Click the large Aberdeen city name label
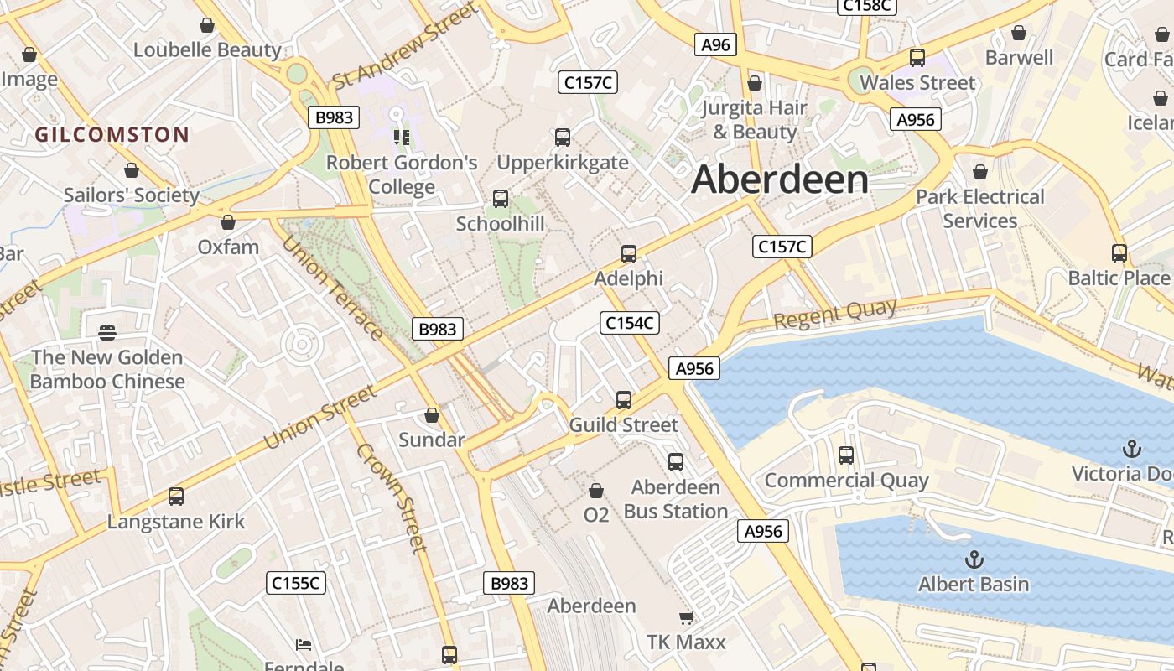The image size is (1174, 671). click(x=780, y=179)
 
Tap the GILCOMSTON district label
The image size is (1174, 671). click(x=112, y=134)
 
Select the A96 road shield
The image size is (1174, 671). click(x=715, y=45)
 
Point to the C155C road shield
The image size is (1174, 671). click(x=296, y=583)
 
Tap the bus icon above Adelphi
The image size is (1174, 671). click(x=629, y=253)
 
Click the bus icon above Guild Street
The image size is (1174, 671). click(x=624, y=400)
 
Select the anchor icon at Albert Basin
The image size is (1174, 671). click(x=974, y=559)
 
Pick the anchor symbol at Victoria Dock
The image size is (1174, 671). click(x=1132, y=449)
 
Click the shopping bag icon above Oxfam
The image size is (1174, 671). click(x=227, y=222)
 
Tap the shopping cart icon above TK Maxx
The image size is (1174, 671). click(x=686, y=618)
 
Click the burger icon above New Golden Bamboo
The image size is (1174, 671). click(x=107, y=333)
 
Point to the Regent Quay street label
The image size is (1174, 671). click(x=834, y=315)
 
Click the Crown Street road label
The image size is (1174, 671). click(x=392, y=497)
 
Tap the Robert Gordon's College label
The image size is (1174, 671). click(x=402, y=174)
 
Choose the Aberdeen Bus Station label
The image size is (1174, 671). click(x=676, y=499)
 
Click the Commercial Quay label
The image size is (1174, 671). click(x=846, y=481)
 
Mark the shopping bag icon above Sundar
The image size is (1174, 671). click(x=432, y=415)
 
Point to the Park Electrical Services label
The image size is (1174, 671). click(x=979, y=209)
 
